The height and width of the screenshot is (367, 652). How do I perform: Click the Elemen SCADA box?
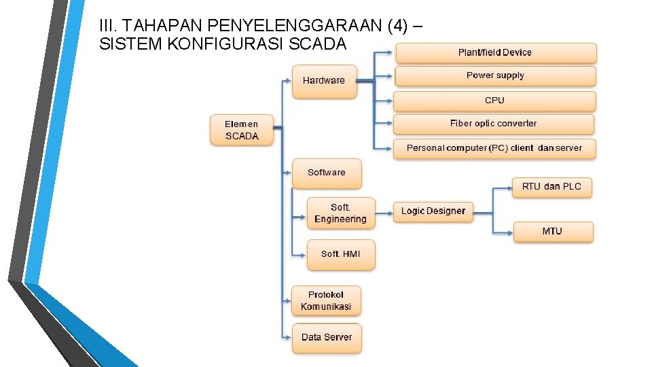pyautogui.click(x=242, y=130)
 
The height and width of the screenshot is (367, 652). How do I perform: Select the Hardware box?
pyautogui.click(x=324, y=81)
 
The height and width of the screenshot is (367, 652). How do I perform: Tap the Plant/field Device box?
pyautogui.click(x=495, y=53)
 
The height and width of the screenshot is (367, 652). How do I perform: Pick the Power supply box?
pyautogui.click(x=495, y=75)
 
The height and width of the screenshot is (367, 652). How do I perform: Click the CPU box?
pyautogui.click(x=494, y=101)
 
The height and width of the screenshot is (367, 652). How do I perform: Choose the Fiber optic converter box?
pyautogui.click(x=493, y=124)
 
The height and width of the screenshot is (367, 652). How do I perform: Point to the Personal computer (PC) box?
pyautogui.click(x=494, y=147)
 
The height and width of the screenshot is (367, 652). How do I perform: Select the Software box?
pyautogui.click(x=327, y=173)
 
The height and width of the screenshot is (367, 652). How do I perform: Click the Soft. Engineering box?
pyautogui.click(x=340, y=213)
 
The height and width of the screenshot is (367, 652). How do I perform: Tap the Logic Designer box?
pyautogui.click(x=433, y=211)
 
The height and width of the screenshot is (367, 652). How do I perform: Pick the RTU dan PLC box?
pyautogui.click(x=551, y=186)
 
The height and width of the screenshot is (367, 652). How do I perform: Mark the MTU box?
pyautogui.click(x=552, y=231)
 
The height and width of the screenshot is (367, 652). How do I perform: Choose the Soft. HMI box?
pyautogui.click(x=341, y=254)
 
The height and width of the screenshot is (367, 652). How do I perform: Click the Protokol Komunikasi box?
pyautogui.click(x=326, y=300)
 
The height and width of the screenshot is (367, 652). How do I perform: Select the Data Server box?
pyautogui.click(x=327, y=338)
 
